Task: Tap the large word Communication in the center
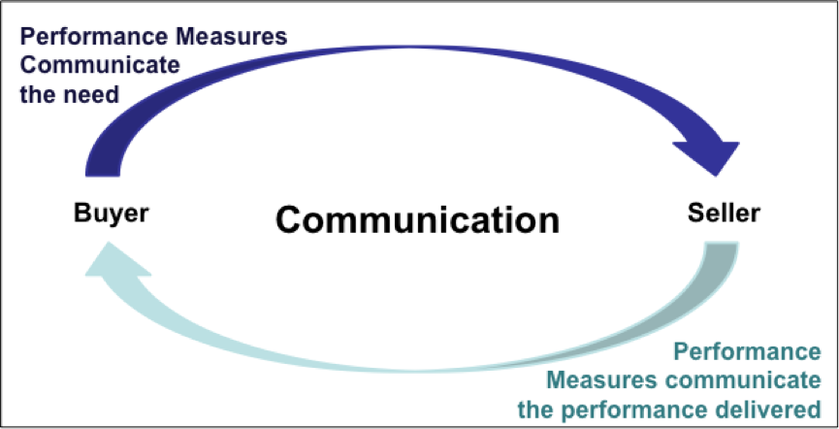point(417,218)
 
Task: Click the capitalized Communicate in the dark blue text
point(86,66)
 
